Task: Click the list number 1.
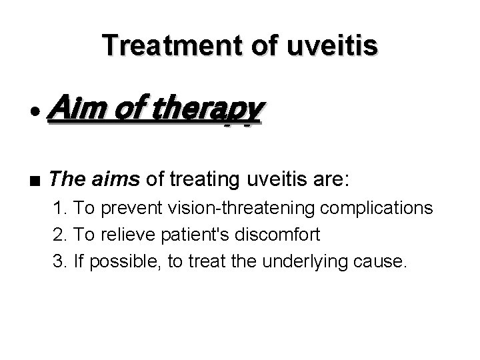pyautogui.click(x=60, y=208)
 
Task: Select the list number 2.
pyautogui.click(x=60, y=234)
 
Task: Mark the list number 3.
pyautogui.click(x=60, y=260)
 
